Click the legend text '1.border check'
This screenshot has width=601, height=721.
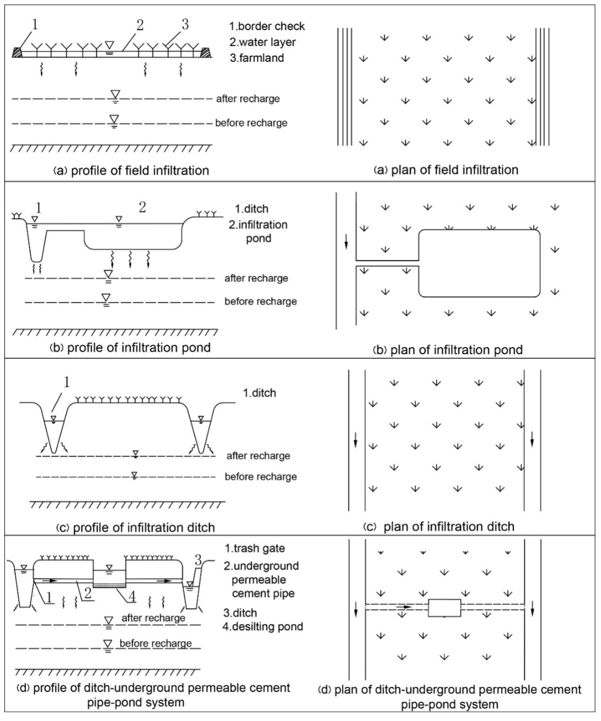pyautogui.click(x=267, y=26)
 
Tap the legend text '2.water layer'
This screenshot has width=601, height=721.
pyautogui.click(x=262, y=42)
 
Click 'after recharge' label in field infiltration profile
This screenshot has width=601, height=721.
pyautogui.click(x=248, y=99)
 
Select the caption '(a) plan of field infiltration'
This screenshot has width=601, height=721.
pyautogui.click(x=446, y=170)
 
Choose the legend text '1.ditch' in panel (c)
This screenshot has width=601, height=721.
pyautogui.click(x=259, y=393)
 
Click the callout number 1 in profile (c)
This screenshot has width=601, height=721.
pyautogui.click(x=67, y=382)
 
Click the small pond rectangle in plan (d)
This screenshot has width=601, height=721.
pyautogui.click(x=444, y=608)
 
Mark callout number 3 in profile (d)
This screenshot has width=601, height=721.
pyautogui.click(x=198, y=561)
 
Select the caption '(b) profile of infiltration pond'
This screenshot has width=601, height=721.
pyautogui.click(x=130, y=348)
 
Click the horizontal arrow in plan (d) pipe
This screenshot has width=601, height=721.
pyautogui.click(x=404, y=607)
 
